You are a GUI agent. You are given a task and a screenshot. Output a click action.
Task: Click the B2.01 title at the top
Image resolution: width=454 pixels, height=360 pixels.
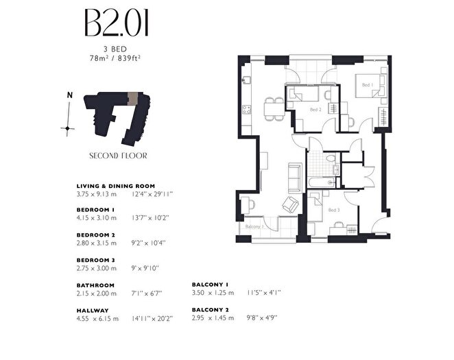117,24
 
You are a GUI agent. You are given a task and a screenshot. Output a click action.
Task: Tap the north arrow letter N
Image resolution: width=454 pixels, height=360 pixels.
69,95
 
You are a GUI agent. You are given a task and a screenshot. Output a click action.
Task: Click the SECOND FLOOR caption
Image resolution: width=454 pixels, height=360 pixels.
118,156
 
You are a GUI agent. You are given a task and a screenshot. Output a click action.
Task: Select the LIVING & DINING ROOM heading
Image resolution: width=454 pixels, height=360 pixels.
115,186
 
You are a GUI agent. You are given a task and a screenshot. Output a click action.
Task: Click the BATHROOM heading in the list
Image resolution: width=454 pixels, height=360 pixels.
95,285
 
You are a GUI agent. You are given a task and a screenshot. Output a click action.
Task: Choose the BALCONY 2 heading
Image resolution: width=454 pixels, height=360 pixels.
210,310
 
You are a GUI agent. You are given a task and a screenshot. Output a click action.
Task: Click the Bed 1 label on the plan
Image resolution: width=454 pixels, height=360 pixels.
366,85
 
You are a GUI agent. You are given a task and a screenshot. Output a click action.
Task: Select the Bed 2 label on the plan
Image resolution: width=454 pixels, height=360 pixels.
315,110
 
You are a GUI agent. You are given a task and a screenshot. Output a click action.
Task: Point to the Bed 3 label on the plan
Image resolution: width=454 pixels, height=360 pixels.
333,210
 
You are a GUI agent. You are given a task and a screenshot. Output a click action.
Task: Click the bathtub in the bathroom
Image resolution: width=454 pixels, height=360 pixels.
322,182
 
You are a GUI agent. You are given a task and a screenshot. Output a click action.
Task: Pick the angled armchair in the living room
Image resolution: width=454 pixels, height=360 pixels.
291,204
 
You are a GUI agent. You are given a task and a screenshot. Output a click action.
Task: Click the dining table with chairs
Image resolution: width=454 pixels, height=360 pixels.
275,106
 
